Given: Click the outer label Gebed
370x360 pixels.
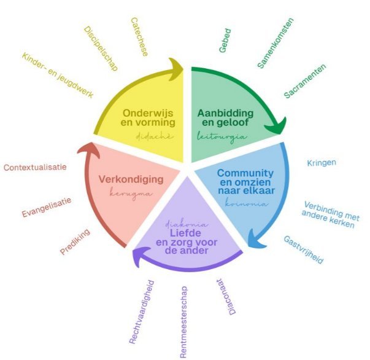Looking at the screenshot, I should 229,40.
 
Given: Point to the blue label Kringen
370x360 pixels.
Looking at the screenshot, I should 321,163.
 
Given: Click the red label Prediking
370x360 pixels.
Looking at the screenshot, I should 76,241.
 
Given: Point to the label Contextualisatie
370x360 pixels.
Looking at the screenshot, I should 35,166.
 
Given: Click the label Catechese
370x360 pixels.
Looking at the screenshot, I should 139,37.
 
